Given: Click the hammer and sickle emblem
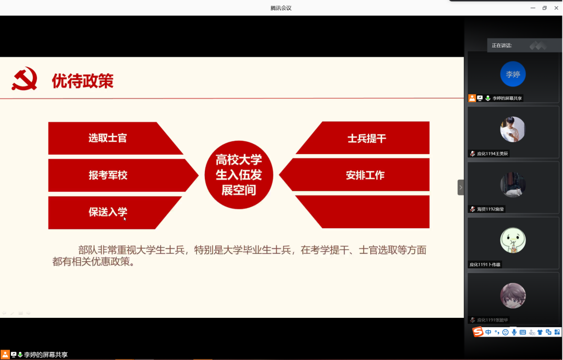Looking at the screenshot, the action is [25, 79].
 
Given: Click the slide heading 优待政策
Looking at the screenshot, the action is [82, 81].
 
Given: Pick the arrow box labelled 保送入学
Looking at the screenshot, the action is [115, 213].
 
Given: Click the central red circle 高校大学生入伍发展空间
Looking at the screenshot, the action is [239, 175].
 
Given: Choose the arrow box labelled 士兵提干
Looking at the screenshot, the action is [363, 138].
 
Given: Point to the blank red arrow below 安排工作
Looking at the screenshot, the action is [363, 212].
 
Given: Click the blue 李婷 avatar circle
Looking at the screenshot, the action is [513, 74].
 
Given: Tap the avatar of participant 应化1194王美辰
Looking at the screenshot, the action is [513, 129].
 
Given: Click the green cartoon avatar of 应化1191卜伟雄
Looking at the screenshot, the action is [513, 240].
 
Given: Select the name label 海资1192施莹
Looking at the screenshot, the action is [490, 209].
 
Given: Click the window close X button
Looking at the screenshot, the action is [556, 8].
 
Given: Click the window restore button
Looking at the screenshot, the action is [544, 8].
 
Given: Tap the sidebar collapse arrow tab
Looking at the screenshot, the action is [461, 188].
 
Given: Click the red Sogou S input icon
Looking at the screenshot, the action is [478, 332].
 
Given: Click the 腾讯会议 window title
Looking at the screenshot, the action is [281, 8].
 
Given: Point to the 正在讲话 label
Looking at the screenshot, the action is [501, 45].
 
